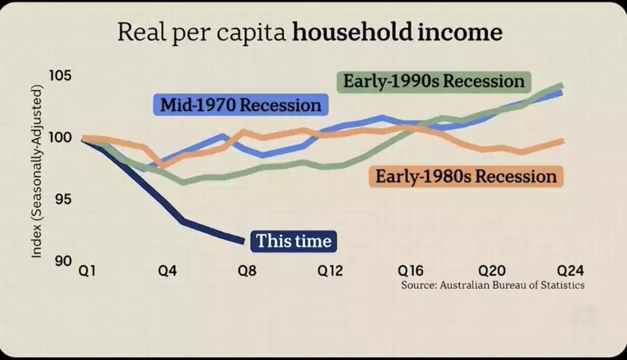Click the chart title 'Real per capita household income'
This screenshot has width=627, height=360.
310,32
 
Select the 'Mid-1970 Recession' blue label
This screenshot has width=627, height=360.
240,106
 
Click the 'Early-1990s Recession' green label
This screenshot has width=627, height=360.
434,82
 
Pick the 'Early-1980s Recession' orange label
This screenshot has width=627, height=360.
466,177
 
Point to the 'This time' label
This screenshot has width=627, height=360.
294,241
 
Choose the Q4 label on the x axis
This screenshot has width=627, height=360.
167,270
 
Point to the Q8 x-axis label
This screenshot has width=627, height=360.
248,270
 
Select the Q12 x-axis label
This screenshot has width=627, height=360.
331,270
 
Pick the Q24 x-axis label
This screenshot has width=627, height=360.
570,270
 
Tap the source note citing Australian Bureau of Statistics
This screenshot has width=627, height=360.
492,285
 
